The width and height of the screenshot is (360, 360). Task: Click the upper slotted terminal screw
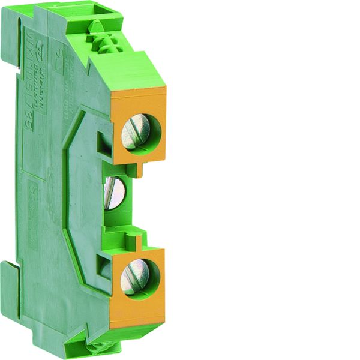136,133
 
